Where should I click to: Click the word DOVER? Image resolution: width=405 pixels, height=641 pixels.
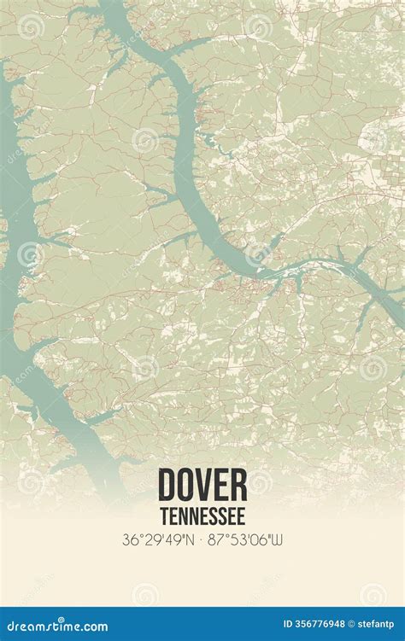tap(202, 485)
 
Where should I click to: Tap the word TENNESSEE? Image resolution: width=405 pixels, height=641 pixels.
tap(202, 516)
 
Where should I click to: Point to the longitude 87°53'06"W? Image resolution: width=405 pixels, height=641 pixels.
tap(245, 539)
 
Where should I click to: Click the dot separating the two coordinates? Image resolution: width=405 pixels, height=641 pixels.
tap(201, 539)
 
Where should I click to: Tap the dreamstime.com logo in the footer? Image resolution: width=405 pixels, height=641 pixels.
tap(56, 626)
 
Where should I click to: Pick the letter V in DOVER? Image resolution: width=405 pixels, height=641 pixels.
tap(203, 485)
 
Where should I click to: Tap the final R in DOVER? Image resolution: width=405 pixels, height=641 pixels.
tap(238, 485)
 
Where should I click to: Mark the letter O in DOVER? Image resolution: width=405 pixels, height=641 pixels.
tap(185, 485)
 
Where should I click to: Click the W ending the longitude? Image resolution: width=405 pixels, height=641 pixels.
tap(277, 539)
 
